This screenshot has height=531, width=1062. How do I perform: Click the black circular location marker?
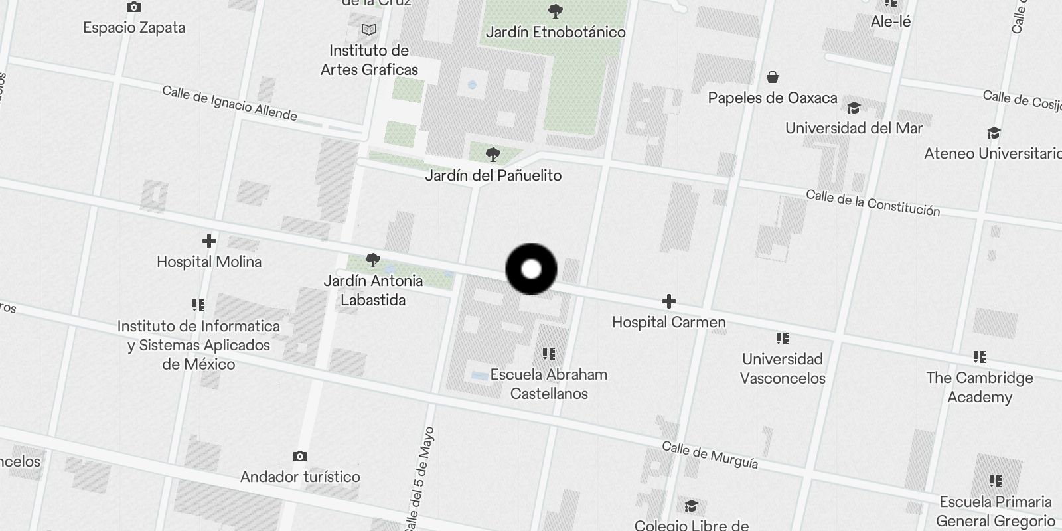[x=531, y=269]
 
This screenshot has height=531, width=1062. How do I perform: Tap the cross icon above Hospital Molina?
[x=209, y=241]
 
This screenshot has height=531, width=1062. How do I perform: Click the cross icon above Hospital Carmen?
[x=668, y=302]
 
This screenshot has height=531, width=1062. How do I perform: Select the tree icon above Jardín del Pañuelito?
[x=493, y=155]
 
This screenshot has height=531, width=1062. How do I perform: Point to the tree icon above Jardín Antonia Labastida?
[x=373, y=260]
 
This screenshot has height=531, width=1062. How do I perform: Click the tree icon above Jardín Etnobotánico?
[x=556, y=11]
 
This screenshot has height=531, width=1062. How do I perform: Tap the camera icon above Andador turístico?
[x=300, y=457]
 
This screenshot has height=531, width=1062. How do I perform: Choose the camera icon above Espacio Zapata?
[x=134, y=7]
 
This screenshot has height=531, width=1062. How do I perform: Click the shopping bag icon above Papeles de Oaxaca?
[x=772, y=78]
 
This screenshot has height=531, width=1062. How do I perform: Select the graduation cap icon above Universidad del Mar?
[x=854, y=108]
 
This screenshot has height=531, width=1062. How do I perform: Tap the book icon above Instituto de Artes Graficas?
[x=369, y=30]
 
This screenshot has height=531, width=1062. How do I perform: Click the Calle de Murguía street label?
[x=710, y=455]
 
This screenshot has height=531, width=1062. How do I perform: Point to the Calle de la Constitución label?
[x=872, y=203]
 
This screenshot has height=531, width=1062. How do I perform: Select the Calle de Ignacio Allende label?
[x=230, y=103]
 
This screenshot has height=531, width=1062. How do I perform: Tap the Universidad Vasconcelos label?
[x=783, y=368]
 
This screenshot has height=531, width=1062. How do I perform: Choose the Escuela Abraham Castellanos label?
[x=549, y=384]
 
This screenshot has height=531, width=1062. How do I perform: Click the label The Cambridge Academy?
[x=980, y=387]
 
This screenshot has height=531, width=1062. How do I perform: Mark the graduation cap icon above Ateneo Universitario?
[x=993, y=133]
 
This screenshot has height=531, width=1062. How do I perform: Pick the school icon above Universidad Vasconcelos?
[x=783, y=339]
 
